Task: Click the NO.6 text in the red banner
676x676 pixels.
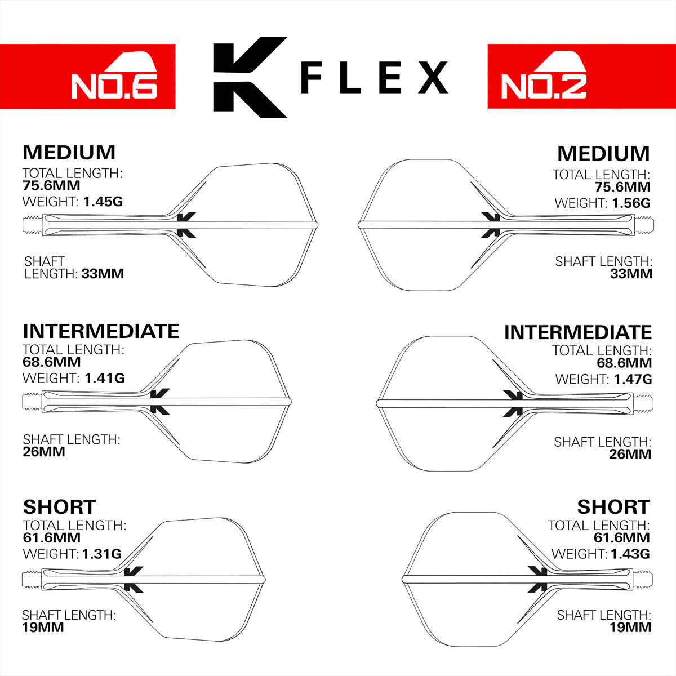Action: tap(114, 86)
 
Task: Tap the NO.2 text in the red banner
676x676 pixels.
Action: tap(544, 86)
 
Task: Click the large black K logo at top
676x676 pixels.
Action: tap(248, 77)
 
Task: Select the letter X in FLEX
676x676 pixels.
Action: tap(433, 78)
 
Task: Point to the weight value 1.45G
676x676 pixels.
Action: tap(103, 201)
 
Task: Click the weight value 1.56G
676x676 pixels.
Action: tap(630, 203)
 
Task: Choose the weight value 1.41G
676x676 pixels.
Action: tap(104, 378)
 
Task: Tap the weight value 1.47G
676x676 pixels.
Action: tap(631, 379)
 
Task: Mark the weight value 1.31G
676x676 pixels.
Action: tap(101, 554)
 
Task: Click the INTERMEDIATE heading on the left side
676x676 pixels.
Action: tap(101, 331)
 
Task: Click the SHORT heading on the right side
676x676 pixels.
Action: tap(613, 507)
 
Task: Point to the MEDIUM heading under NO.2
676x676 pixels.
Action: tap(603, 154)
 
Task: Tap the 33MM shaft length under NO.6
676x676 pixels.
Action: tap(103, 274)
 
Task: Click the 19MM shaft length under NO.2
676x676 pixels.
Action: tap(630, 627)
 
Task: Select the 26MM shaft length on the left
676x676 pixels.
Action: tap(44, 452)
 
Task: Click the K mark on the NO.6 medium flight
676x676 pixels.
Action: tap(186, 225)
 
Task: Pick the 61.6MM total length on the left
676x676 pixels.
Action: tap(52, 537)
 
